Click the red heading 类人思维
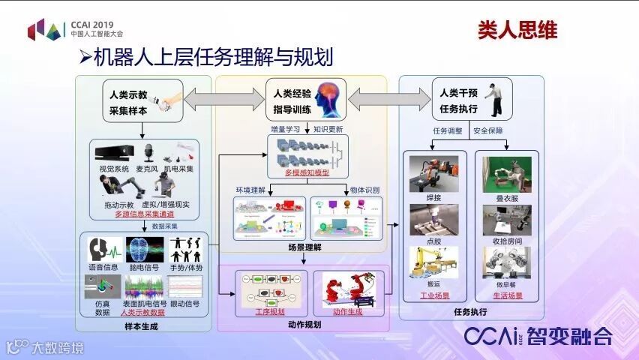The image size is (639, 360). coord(517,30)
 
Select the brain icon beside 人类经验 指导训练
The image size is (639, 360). coord(327,100)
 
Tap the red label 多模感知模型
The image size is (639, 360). coord(308,173)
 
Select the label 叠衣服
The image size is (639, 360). coord(508,197)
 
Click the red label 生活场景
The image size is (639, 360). coord(508,295)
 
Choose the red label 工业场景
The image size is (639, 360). coord(434,295)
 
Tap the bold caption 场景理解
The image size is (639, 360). coord(303,245)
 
